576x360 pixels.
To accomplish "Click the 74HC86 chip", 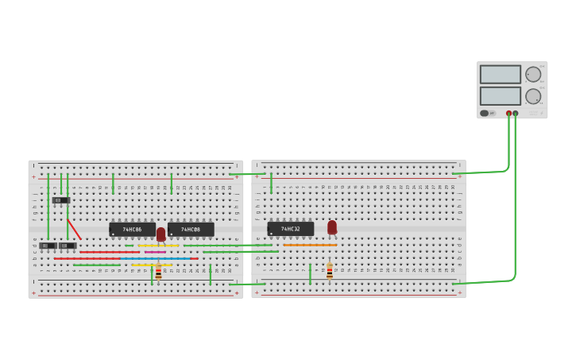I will [x=132, y=230].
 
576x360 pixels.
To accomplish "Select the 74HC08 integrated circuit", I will [x=191, y=230].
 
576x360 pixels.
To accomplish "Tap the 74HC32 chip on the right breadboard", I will [x=290, y=229].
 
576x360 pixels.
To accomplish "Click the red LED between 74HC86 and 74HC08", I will [x=161, y=234].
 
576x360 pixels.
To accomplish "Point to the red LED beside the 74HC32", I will [x=332, y=227].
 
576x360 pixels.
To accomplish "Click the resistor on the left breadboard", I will [x=158, y=273].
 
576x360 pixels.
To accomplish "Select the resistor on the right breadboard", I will [x=330, y=272].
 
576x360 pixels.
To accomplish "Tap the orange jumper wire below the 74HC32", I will [x=310, y=246].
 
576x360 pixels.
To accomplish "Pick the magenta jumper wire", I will [x=155, y=252].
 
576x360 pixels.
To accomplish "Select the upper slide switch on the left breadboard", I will [x=61, y=200].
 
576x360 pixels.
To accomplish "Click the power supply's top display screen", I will [x=500, y=74].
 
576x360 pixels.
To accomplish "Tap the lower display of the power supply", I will [x=500, y=96].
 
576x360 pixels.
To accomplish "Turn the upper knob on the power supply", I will [x=532, y=74].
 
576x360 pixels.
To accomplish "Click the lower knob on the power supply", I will [x=532, y=96].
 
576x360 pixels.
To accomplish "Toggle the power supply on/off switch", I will [x=485, y=113].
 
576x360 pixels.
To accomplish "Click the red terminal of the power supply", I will [x=509, y=114].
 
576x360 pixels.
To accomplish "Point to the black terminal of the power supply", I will [x=516, y=114].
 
